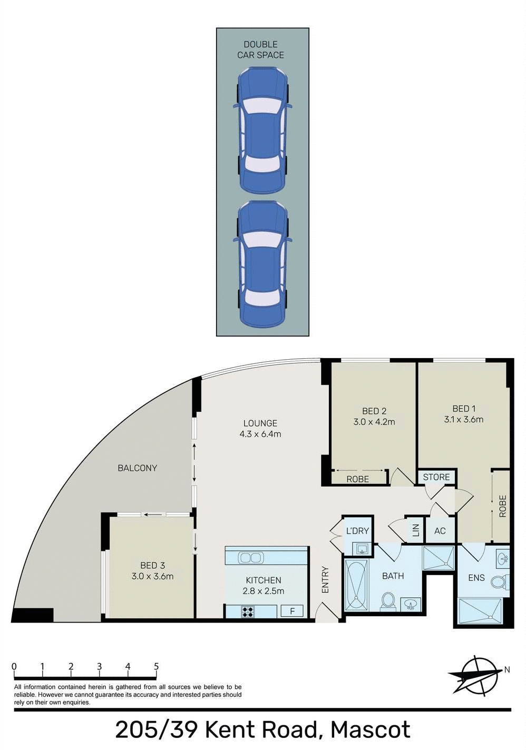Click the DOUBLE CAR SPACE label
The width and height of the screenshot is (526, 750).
260,50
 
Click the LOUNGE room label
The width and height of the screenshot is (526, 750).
260,423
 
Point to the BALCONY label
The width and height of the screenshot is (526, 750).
137,468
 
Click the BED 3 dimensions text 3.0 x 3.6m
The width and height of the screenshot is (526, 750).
152,576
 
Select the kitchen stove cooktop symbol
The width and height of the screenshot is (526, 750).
247,611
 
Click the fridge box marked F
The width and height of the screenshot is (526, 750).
292,611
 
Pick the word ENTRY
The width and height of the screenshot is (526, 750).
325,579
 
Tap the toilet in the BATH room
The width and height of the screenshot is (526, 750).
388,600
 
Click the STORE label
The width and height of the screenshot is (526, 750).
436,477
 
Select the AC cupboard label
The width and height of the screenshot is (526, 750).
440,531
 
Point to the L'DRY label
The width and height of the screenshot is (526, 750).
357,530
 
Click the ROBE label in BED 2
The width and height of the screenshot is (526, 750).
357,479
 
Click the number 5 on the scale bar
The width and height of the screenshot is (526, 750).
157,666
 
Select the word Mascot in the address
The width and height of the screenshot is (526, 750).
370,730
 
